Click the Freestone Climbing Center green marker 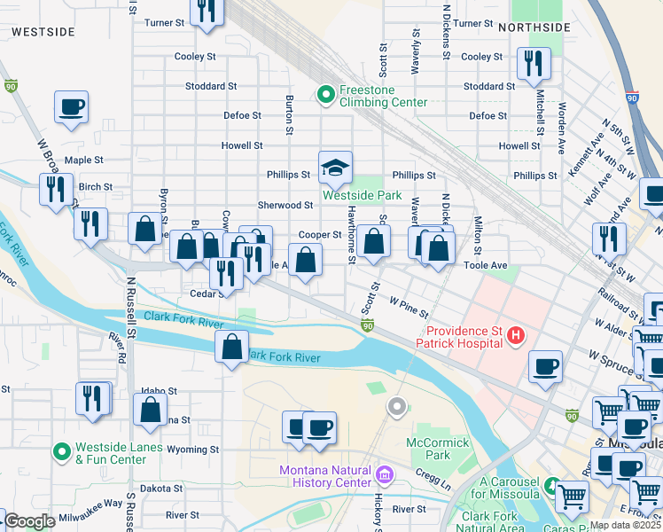[x=325, y=93]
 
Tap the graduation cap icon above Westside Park [x=336, y=167]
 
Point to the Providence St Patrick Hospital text [x=458, y=336]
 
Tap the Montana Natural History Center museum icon [x=383, y=475]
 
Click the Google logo [x=29, y=521]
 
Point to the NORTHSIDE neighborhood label [x=534, y=27]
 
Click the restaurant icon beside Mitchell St [x=534, y=64]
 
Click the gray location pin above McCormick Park [x=397, y=407]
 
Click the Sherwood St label [x=285, y=205]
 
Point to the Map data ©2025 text [x=626, y=525]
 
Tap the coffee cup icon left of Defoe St [x=72, y=108]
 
